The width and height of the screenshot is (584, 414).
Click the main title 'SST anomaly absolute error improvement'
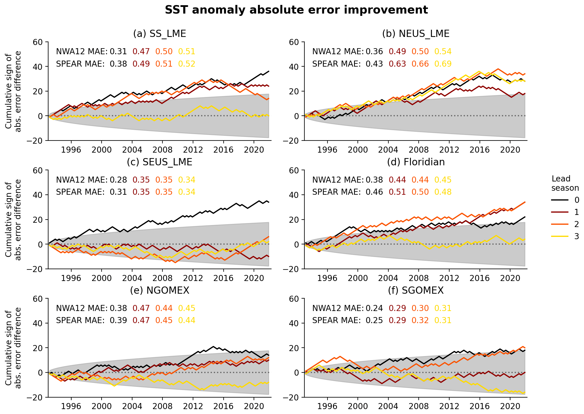[x=296, y=10]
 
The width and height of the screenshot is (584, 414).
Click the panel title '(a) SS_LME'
[x=160, y=34]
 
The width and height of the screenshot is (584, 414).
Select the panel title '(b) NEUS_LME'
[x=415, y=34]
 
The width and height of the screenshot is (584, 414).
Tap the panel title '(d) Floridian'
[x=415, y=162]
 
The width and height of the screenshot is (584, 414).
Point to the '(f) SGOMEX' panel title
[x=415, y=291]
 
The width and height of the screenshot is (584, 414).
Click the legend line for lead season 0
[x=560, y=200]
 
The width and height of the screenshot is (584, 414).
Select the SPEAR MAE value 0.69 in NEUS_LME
[x=443, y=64]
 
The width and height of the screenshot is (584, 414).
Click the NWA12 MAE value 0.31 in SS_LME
[x=118, y=52]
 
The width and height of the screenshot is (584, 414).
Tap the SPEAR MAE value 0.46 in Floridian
[x=374, y=192]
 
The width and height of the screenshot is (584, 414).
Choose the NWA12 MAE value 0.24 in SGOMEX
[x=374, y=308]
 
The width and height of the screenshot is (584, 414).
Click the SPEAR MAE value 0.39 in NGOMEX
[x=118, y=320]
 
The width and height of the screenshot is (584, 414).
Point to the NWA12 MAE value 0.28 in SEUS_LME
[x=118, y=180]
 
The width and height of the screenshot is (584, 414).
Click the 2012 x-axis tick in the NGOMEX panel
[x=193, y=406]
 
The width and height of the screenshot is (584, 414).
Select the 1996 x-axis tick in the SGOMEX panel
[x=327, y=406]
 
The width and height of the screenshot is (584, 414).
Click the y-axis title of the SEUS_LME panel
[x=13, y=220]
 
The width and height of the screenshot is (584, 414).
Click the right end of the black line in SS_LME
[x=269, y=71]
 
